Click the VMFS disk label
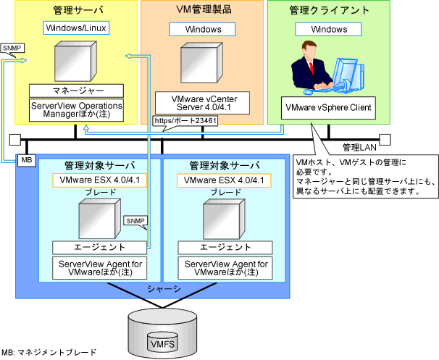[163, 344]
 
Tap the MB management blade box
[27, 160]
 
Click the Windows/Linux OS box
[76, 28]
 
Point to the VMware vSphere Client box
[328, 108]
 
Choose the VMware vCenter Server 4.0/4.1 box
[202, 103]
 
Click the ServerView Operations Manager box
[77, 110]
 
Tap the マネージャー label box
[77, 91]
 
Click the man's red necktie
[311, 69]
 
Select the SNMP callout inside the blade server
[135, 222]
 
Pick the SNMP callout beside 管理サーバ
[12, 50]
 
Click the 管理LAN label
[359, 148]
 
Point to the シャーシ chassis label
[164, 289]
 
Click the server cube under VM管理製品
[201, 63]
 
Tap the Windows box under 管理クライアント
[328, 30]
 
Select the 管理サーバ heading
[78, 10]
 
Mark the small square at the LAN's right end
[385, 140]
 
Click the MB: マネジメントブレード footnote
[49, 352]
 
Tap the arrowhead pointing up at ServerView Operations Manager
[86, 128]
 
